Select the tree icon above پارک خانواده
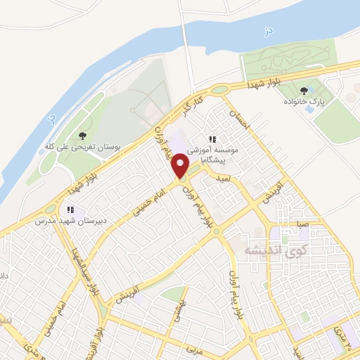(304, 91)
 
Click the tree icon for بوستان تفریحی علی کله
(82, 135)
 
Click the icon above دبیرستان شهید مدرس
(70, 210)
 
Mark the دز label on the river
(266, 32)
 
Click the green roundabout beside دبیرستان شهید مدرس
(50, 209)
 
